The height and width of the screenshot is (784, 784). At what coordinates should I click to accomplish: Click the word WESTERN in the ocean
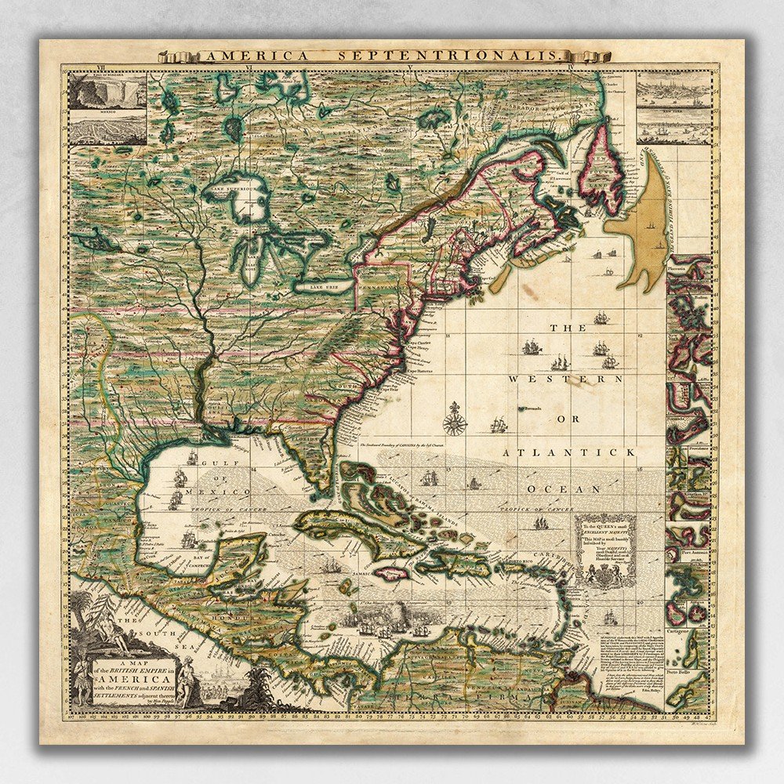[557, 379]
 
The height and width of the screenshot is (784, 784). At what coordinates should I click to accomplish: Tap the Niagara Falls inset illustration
[107, 93]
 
